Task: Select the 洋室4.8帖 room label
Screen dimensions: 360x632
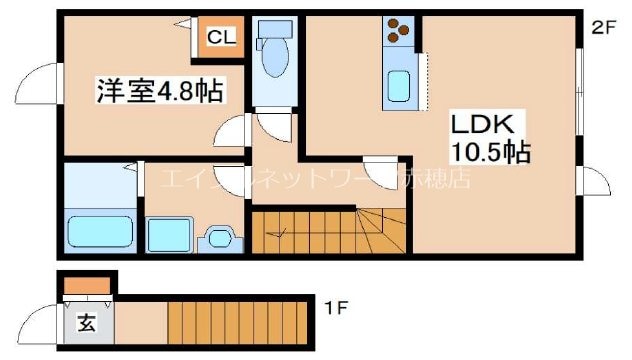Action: (x=159, y=91)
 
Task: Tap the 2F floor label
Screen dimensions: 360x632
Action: (x=603, y=27)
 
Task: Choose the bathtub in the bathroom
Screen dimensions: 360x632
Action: (x=100, y=233)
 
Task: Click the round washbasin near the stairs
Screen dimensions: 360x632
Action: (x=220, y=239)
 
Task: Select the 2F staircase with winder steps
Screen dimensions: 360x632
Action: (x=329, y=231)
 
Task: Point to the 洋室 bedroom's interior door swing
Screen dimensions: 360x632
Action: (x=234, y=128)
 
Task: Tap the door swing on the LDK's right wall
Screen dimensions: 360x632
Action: (x=597, y=183)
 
